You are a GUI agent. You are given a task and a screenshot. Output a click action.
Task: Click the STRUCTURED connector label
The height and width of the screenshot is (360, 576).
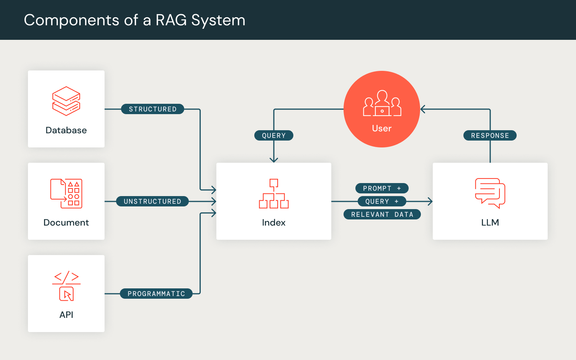pos(152,109)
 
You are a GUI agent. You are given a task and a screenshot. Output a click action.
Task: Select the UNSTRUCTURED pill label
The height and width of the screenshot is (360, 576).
pos(152,201)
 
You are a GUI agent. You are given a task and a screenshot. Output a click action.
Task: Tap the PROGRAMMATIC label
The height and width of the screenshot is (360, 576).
pos(156,294)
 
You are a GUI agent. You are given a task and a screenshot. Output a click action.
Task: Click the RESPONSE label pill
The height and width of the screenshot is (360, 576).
pos(490,136)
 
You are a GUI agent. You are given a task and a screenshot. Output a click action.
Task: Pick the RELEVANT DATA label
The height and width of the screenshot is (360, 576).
pos(382,214)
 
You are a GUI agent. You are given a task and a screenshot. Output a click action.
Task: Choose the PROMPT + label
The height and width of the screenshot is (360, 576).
pos(381,188)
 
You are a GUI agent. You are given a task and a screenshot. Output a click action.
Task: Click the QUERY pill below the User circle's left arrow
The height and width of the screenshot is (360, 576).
pos(273,136)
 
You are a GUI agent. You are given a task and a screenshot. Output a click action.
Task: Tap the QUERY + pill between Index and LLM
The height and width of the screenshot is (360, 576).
pos(381,201)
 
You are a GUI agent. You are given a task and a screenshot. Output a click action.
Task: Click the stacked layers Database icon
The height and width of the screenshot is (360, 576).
pos(66,101)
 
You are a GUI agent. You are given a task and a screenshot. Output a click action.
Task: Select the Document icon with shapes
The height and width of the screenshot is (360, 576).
pos(66,193)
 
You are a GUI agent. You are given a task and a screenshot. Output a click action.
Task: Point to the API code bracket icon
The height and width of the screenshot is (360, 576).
pos(66,286)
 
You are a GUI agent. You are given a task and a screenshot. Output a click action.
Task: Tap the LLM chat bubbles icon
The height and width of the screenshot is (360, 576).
pos(490,193)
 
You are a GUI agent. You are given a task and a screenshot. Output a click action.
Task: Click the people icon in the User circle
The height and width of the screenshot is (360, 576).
pos(382,103)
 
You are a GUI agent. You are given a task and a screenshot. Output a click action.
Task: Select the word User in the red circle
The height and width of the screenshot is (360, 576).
pos(381,129)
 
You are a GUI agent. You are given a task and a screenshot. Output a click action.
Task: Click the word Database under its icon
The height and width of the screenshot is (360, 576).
pos(66,130)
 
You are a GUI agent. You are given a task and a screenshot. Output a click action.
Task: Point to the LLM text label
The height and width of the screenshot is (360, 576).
pos(490,223)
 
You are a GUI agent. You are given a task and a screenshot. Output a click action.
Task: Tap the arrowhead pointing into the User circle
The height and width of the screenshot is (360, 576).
pos(422,109)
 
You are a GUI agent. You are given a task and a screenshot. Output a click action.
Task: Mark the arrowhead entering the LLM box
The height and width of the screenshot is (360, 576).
pos(430,201)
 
